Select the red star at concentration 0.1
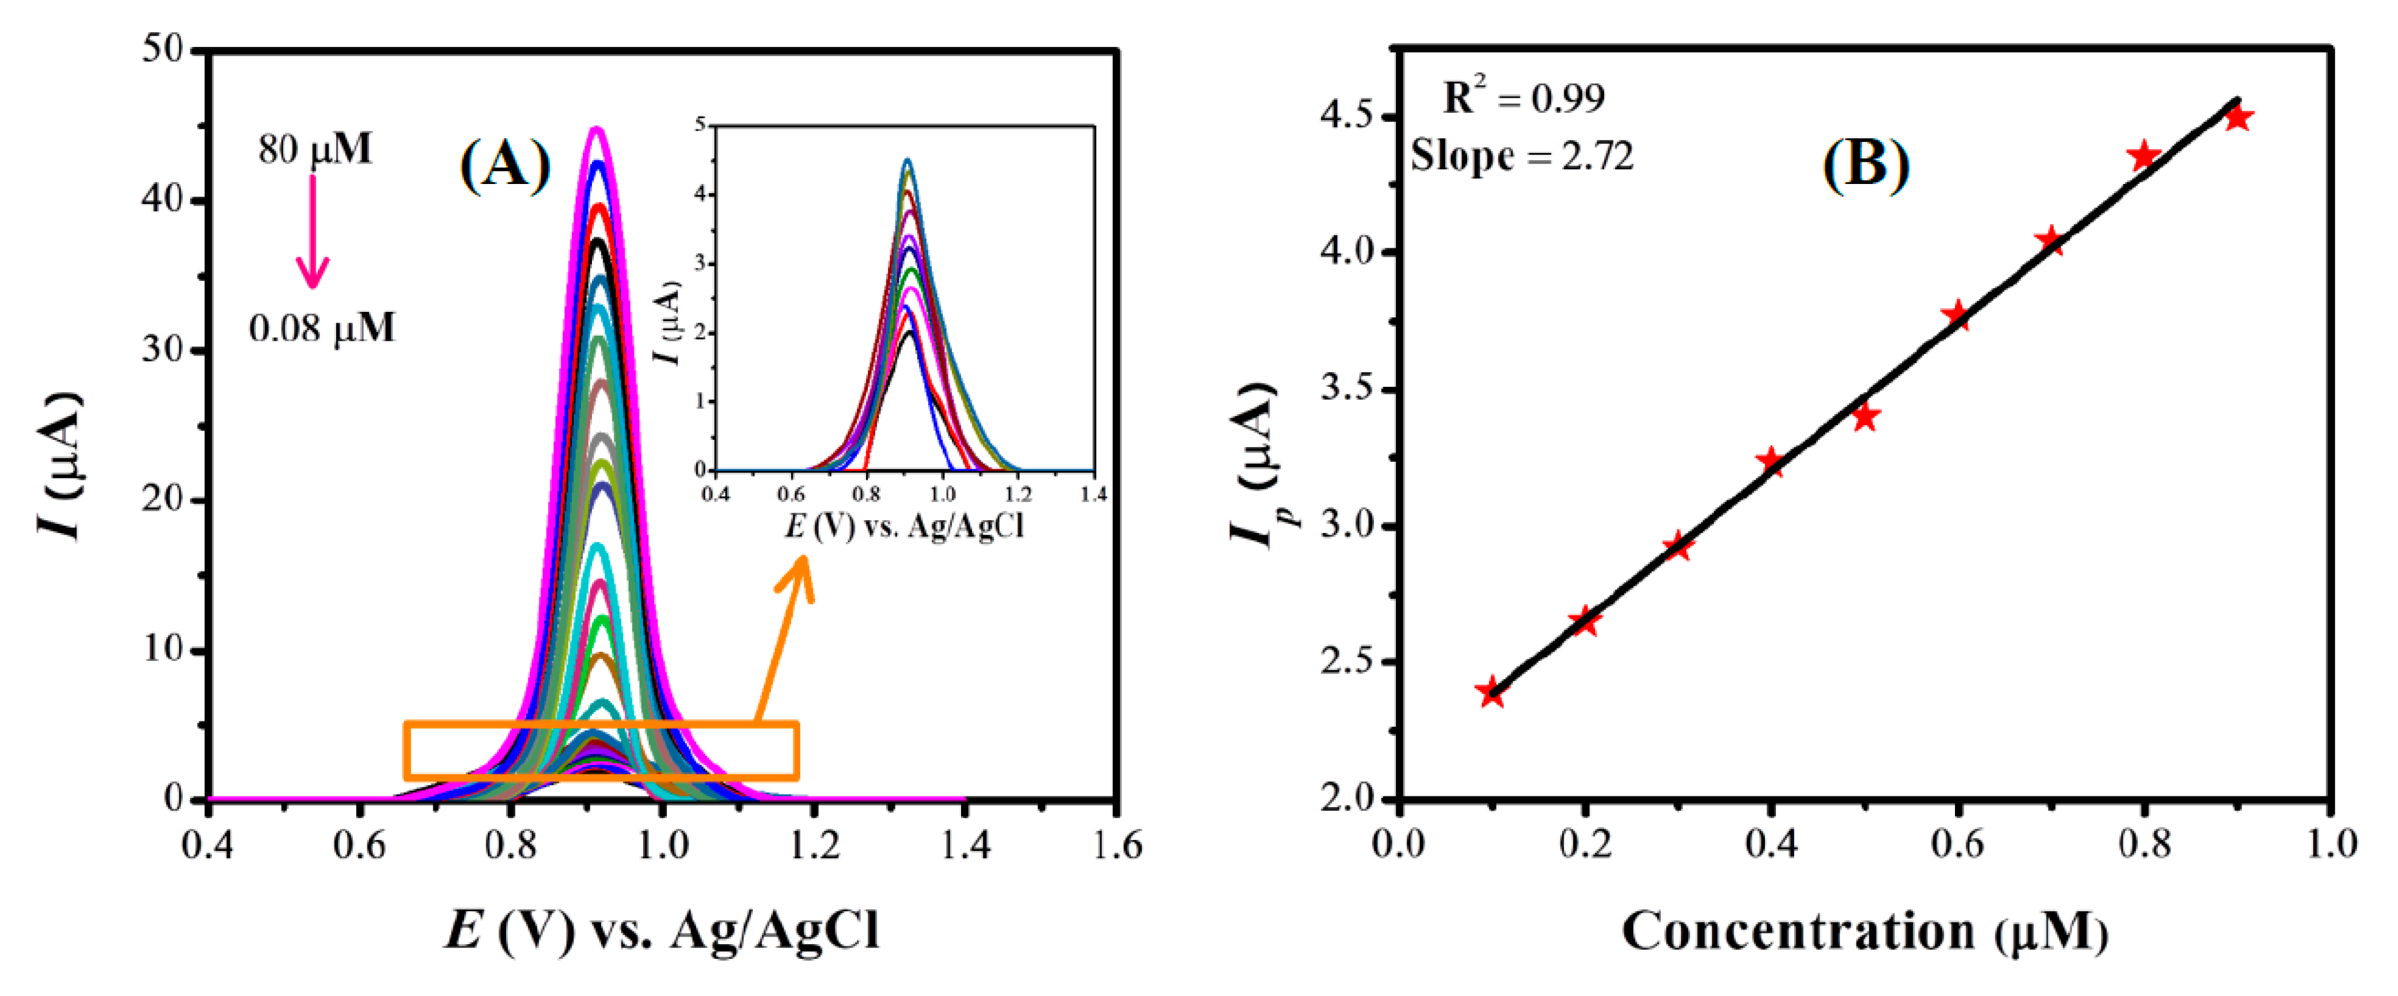[1491, 692]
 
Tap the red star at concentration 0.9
[2238, 117]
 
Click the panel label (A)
[505, 166]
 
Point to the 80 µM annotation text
[315, 149]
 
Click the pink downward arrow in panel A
[313, 233]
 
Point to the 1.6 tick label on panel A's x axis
[1116, 845]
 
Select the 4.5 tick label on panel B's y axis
[1345, 117]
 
